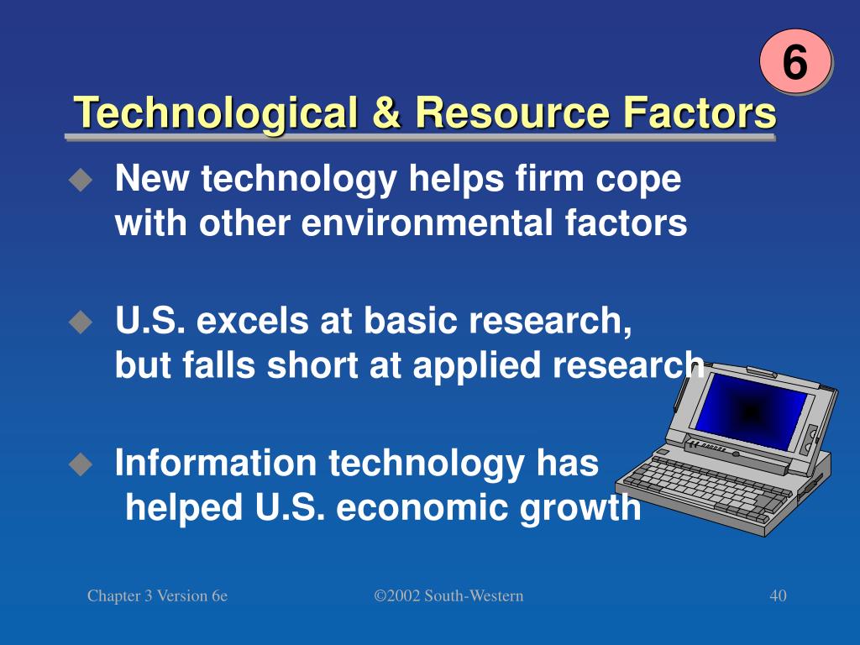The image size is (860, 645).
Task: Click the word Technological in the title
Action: pyautogui.click(x=209, y=113)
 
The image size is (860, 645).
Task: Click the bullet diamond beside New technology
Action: pyautogui.click(x=81, y=179)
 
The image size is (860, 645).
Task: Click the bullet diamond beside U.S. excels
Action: pyautogui.click(x=81, y=321)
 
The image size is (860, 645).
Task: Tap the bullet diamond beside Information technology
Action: pyautogui.click(x=81, y=463)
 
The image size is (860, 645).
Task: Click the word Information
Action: pyautogui.click(x=215, y=463)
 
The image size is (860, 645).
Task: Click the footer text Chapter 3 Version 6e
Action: pyautogui.click(x=158, y=596)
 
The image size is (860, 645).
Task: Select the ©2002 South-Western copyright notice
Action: pyautogui.click(x=448, y=596)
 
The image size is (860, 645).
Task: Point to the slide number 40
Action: pyautogui.click(x=778, y=596)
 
